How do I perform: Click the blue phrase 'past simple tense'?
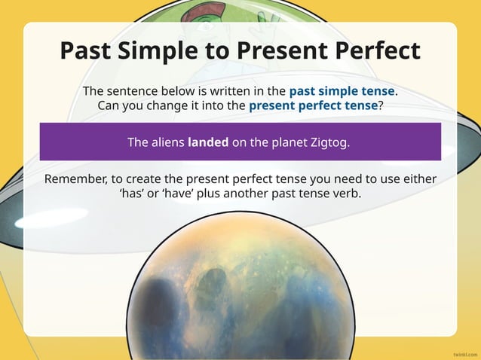pos(342,91)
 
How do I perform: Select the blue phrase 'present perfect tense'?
pos(313,105)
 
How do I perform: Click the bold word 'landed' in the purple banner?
pos(208,142)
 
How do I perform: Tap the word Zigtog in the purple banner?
pos(330,142)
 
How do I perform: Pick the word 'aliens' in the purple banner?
pos(167,142)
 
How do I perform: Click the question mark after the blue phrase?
pos(380,105)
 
